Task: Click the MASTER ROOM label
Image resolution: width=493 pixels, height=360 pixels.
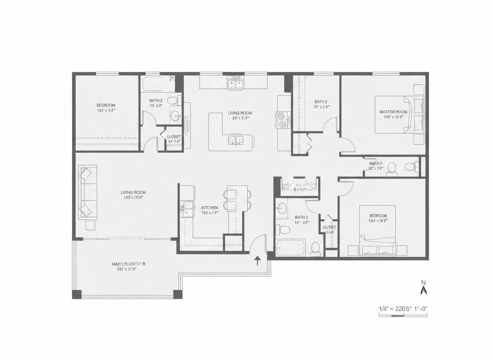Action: (393, 112)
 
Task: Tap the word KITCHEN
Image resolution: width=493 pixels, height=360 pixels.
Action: (209, 207)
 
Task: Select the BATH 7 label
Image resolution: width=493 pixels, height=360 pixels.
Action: (375, 163)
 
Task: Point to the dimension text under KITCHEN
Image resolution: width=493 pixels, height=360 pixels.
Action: (210, 213)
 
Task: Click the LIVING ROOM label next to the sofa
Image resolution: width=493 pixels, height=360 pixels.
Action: (133, 192)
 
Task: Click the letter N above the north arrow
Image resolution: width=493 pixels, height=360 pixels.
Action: (424, 283)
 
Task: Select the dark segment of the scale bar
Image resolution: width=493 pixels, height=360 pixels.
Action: (398, 315)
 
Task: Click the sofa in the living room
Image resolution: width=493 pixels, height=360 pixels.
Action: (87, 192)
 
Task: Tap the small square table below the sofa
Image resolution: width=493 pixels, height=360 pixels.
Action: (90, 225)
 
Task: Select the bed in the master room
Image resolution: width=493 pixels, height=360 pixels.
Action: (399, 115)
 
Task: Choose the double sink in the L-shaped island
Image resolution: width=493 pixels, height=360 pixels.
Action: (235, 140)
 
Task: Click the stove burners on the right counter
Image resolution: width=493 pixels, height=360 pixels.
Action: (284, 119)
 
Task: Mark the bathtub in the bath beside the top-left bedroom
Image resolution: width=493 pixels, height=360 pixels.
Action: (157, 84)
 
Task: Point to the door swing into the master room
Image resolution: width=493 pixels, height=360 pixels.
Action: (347, 144)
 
